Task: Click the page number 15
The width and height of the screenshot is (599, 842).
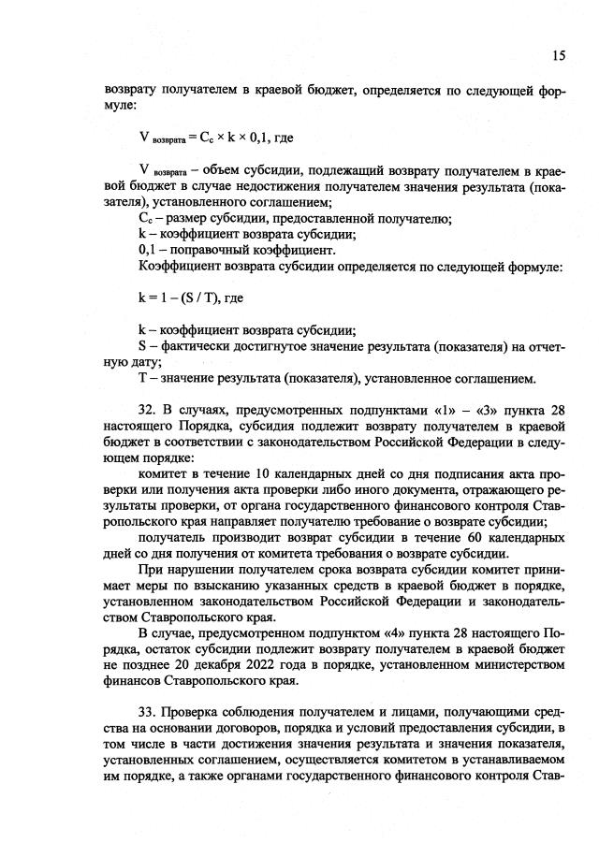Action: (558, 55)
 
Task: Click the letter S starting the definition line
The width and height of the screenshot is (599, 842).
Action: (141, 347)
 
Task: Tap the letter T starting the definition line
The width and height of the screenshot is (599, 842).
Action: (141, 379)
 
